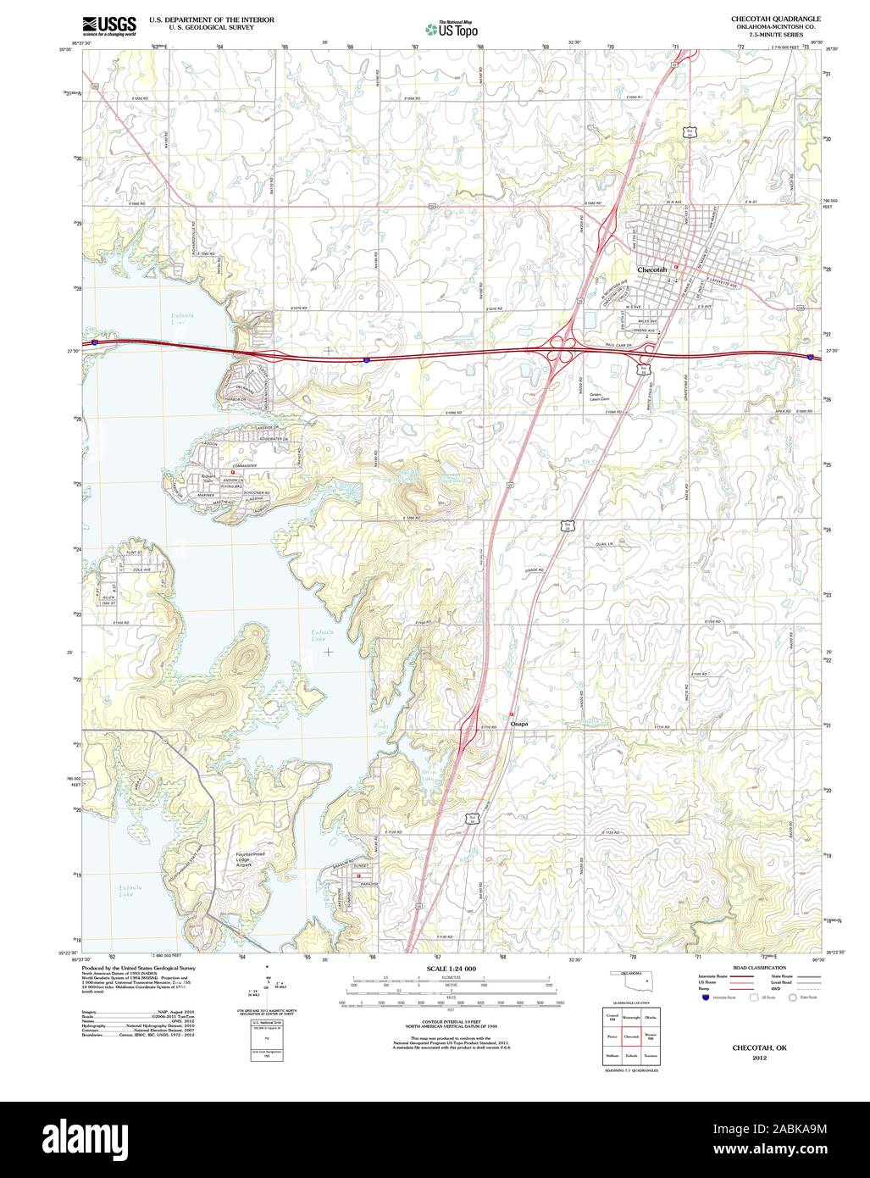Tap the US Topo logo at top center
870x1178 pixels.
coord(451,29)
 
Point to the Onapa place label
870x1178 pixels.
coord(519,725)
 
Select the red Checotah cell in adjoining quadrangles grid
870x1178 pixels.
coord(631,1036)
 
